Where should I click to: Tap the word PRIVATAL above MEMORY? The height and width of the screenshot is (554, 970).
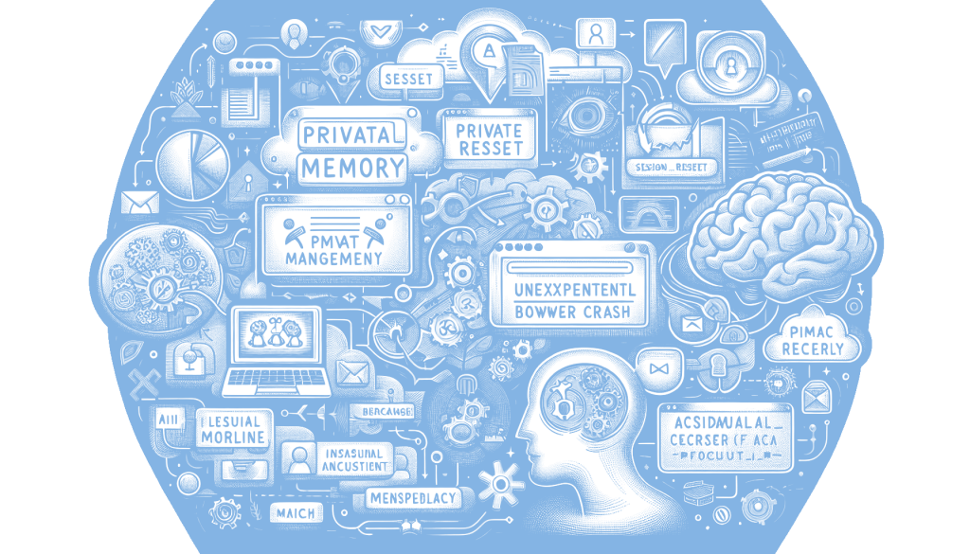click(349, 134)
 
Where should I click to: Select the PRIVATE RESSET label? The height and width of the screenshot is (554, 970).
click(489, 139)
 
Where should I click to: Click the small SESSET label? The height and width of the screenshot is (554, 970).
click(408, 79)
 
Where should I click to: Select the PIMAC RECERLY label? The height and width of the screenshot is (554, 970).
click(812, 340)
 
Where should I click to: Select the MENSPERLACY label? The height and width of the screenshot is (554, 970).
click(412, 497)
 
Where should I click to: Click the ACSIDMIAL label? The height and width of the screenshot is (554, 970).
click(716, 422)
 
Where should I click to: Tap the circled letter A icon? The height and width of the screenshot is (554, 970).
click(489, 49)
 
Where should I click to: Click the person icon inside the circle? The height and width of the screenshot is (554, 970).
click(730, 66)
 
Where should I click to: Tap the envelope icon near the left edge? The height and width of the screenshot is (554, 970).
click(139, 202)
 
